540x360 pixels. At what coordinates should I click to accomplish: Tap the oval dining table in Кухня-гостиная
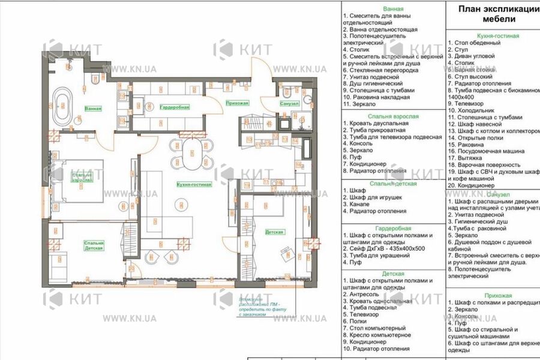coord(190,154)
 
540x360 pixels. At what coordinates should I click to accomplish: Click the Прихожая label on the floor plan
coord(237,103)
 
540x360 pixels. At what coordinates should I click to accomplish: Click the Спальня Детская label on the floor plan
coord(94,245)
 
